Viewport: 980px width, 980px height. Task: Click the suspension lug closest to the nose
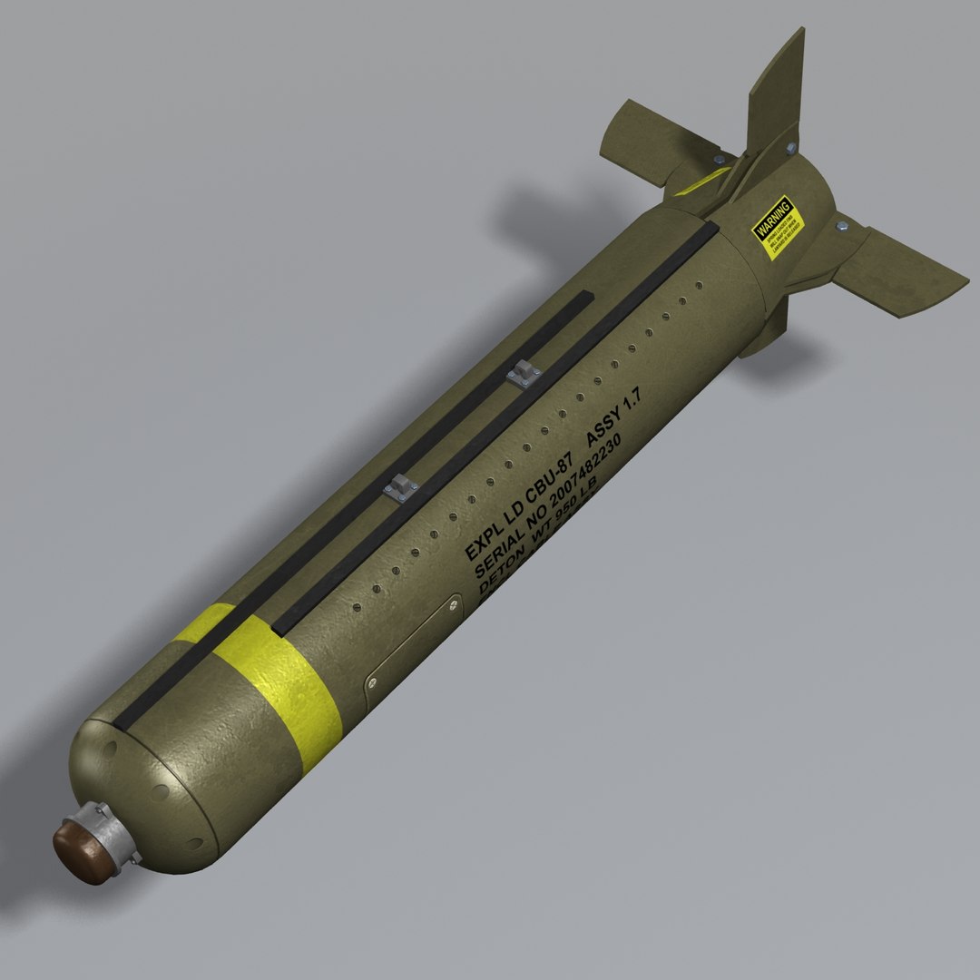(x=400, y=487)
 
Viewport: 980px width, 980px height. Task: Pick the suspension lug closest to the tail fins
(x=524, y=372)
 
